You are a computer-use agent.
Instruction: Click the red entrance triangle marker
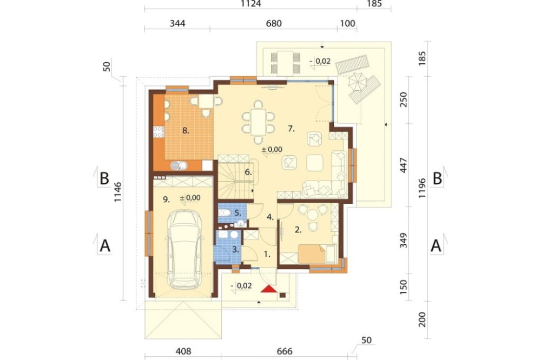[269, 289]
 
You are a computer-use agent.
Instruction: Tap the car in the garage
[183, 250]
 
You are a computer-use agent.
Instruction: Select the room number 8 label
[186, 131]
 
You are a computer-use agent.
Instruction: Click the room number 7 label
[291, 129]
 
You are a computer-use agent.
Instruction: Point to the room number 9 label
[166, 199]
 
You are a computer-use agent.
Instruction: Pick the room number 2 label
[298, 230]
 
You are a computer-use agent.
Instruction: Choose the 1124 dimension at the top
[251, 4]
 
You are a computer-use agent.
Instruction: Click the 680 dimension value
[274, 23]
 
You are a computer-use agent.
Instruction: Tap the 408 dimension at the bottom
[183, 351]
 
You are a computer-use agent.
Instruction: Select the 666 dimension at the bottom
[285, 351]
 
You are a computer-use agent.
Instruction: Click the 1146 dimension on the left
[118, 192]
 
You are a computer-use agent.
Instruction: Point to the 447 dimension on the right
[404, 165]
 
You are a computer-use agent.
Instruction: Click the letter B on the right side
[437, 178]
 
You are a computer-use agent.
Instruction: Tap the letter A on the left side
[105, 246]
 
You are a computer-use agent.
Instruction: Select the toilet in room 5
[225, 213]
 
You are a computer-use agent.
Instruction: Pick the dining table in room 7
[259, 122]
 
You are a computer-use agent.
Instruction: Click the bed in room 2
[312, 254]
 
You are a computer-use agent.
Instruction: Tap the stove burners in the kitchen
[159, 131]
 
